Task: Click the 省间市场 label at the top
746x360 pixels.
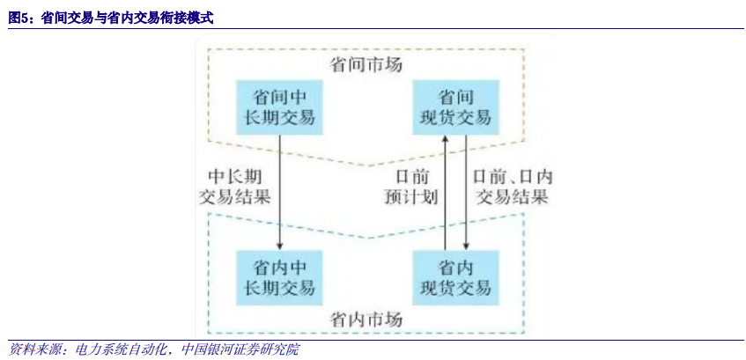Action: pyautogui.click(x=366, y=63)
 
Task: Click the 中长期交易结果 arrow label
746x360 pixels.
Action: pyautogui.click(x=233, y=184)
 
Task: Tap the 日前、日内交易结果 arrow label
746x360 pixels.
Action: pyautogui.click(x=511, y=185)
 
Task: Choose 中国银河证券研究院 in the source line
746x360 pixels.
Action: pyautogui.click(x=239, y=350)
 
